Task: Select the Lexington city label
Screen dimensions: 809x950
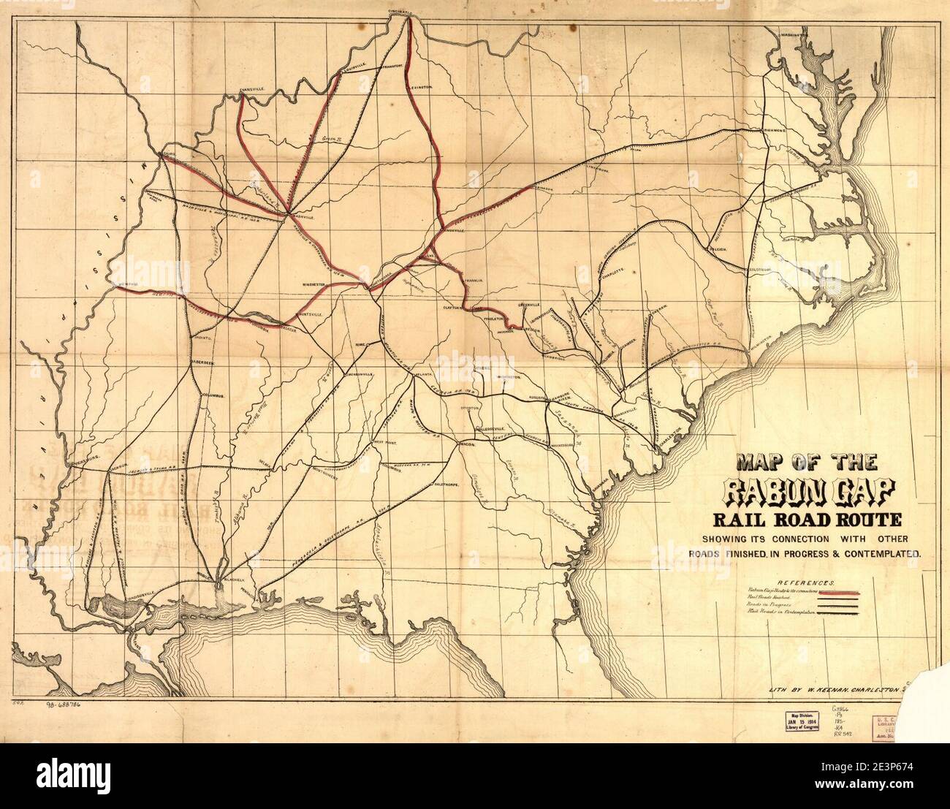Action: coord(421,86)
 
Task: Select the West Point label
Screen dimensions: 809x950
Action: coord(385,442)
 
